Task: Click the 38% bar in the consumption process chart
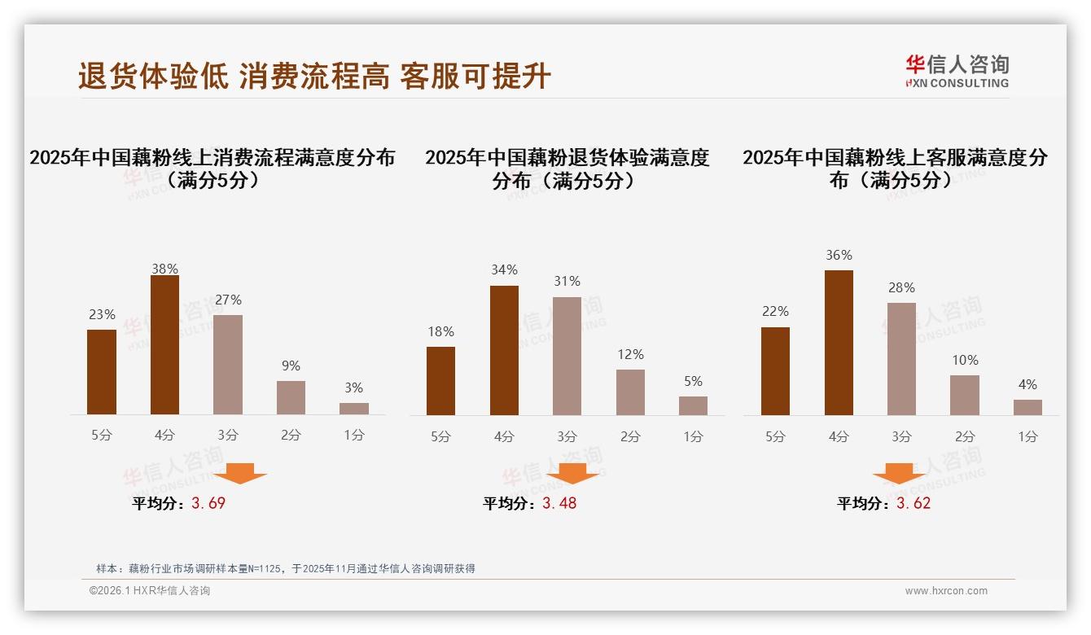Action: tap(164, 345)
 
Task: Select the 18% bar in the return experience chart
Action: tap(440, 381)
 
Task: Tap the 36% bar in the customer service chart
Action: tap(839, 343)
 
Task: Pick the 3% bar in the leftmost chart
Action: tap(354, 409)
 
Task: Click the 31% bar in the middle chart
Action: tap(567, 356)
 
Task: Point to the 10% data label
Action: tap(965, 360)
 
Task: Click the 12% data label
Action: tap(630, 354)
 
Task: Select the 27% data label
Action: tap(228, 300)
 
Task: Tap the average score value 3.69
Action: tap(208, 503)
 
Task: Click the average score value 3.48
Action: tap(559, 503)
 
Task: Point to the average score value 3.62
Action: tap(914, 503)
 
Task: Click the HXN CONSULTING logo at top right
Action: tap(957, 71)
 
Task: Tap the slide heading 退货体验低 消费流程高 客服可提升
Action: tap(314, 77)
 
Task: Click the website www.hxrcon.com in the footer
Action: tap(946, 591)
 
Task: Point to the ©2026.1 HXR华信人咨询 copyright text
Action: tap(150, 591)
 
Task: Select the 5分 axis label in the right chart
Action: tap(775, 436)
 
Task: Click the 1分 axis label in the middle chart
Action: tap(693, 436)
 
